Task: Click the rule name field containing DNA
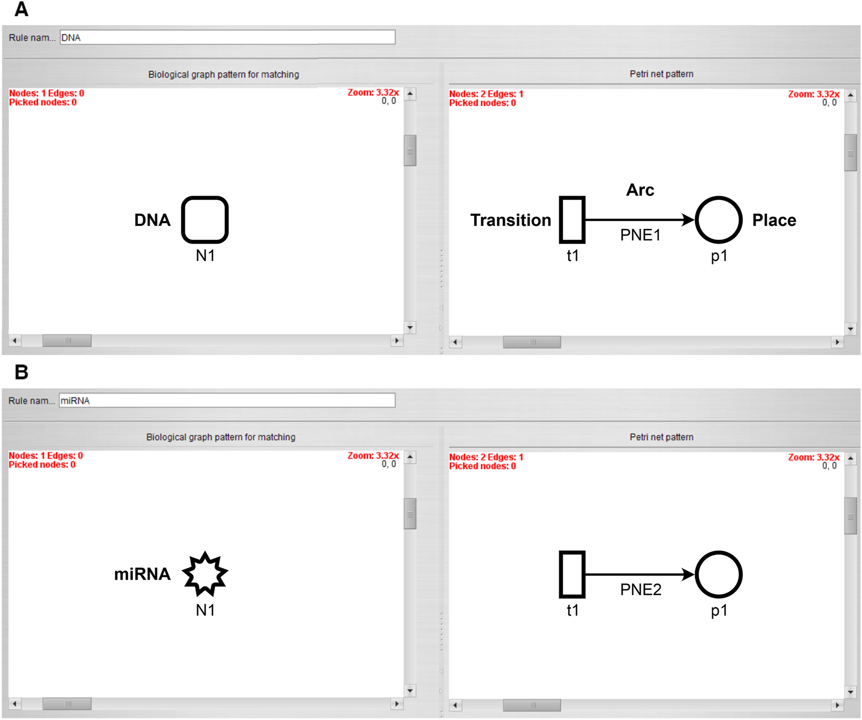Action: coord(227,37)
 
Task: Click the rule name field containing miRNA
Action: coord(227,401)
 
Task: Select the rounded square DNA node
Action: coord(205,220)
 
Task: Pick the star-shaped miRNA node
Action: coord(205,574)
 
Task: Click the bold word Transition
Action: coord(510,220)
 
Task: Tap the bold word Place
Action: coord(774,220)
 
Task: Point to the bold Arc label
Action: coord(640,190)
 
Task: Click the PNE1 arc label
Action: coord(640,235)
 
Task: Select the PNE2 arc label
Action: coord(641,590)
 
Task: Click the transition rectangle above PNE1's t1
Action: coord(572,220)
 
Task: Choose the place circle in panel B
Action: coord(719,575)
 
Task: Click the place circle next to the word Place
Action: coord(719,220)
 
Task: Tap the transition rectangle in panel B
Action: coord(572,575)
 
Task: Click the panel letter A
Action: coord(21,9)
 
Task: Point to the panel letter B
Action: coord(21,372)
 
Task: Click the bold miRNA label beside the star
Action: coord(142,574)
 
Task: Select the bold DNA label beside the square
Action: coord(152,220)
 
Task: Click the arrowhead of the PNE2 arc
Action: coord(689,575)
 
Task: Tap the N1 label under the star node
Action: coord(205,610)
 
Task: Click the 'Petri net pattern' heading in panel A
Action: coord(661,74)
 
